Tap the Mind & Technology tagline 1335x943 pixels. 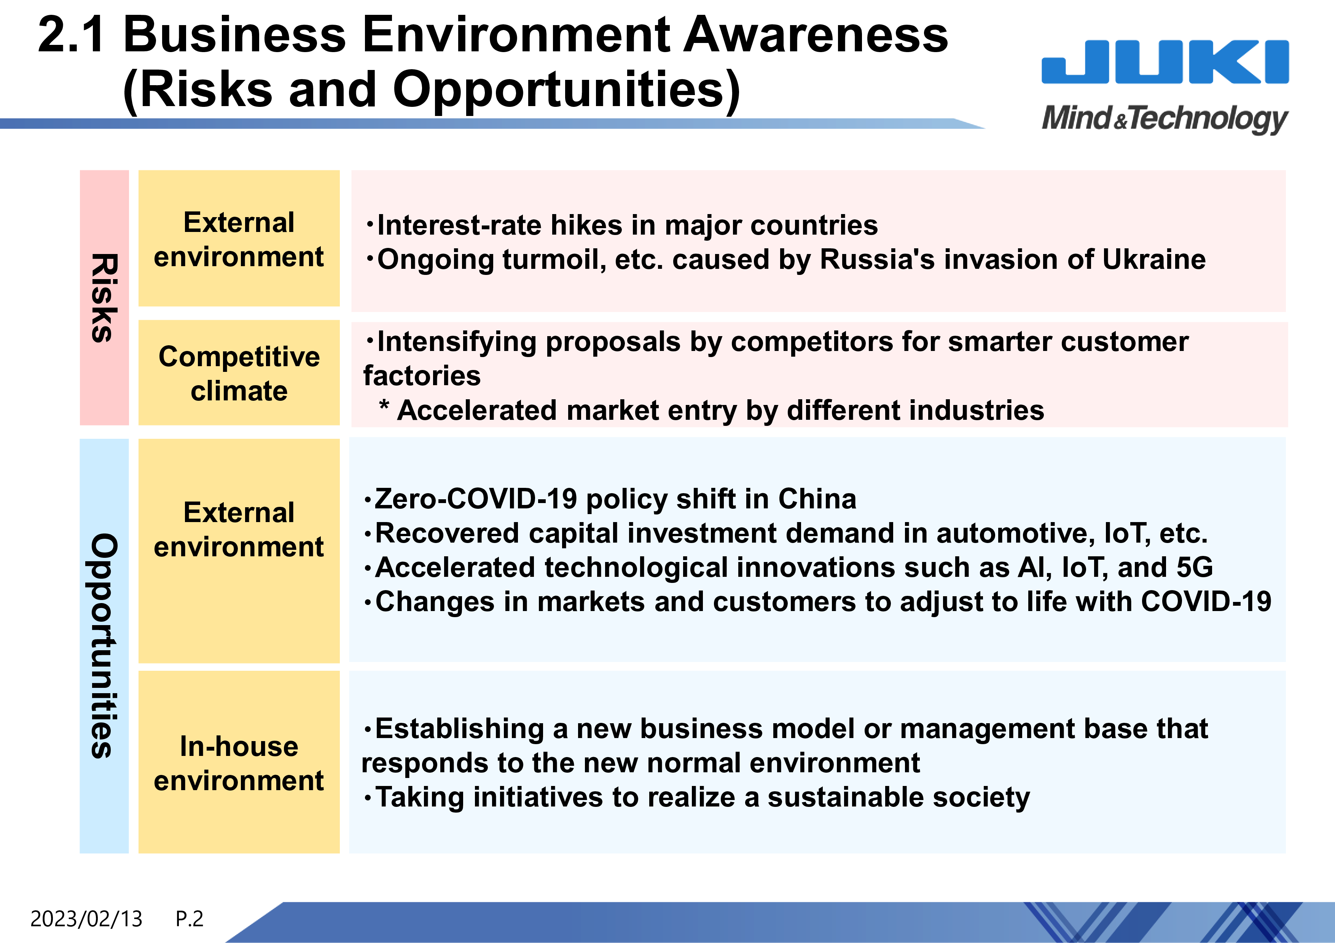pos(1165,119)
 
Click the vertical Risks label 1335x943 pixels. pos(105,297)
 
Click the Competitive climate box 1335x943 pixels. pos(239,372)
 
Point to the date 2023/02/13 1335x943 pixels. pos(86,919)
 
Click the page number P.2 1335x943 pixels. pos(190,919)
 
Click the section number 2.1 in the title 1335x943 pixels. pos(72,35)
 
